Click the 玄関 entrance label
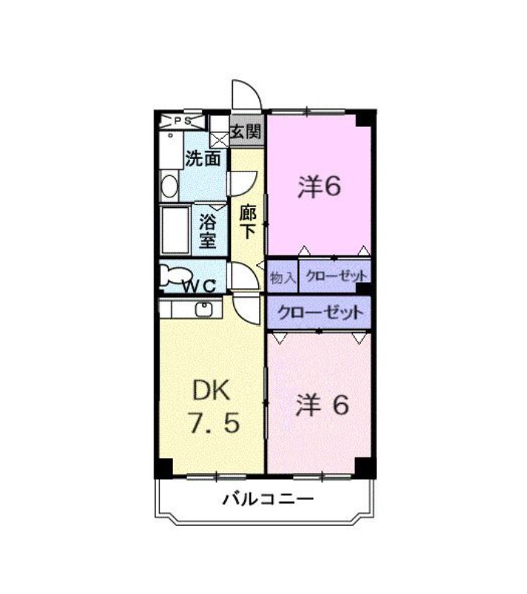click(x=245, y=133)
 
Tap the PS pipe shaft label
click(x=183, y=120)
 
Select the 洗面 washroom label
click(x=203, y=158)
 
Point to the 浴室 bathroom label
click(x=208, y=230)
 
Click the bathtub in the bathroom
click(x=175, y=229)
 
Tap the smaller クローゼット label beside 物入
click(x=336, y=277)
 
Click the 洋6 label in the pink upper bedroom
click(x=319, y=186)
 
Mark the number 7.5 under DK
click(x=212, y=424)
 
